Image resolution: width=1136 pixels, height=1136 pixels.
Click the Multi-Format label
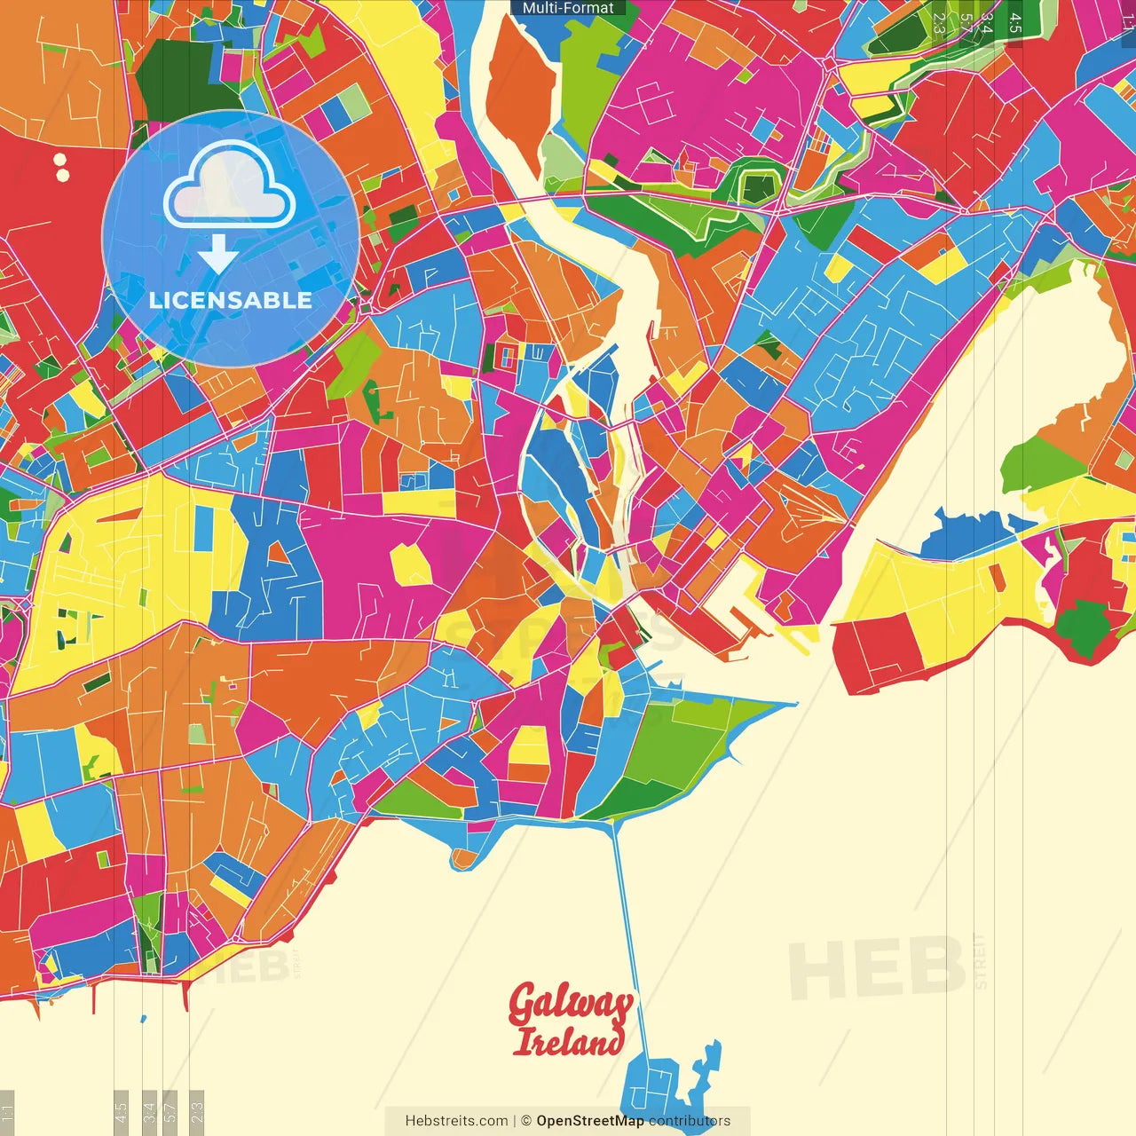pos(568,8)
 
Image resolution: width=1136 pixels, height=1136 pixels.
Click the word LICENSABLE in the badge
pos(230,300)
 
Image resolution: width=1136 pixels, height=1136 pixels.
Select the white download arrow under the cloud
pos(217,255)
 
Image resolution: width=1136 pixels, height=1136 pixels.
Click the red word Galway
pos(570,1006)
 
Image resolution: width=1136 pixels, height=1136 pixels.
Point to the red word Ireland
pos(568,1042)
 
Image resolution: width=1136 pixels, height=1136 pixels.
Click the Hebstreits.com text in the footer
pos(456,1121)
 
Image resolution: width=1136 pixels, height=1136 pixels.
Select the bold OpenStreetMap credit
pos(590,1121)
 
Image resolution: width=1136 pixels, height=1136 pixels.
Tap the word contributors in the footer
pos(690,1121)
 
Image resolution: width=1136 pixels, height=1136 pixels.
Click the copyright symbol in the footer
pos(525,1121)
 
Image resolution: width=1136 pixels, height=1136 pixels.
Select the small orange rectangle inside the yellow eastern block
pos(998,578)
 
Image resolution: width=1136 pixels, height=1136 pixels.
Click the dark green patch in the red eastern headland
pos(1083,626)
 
